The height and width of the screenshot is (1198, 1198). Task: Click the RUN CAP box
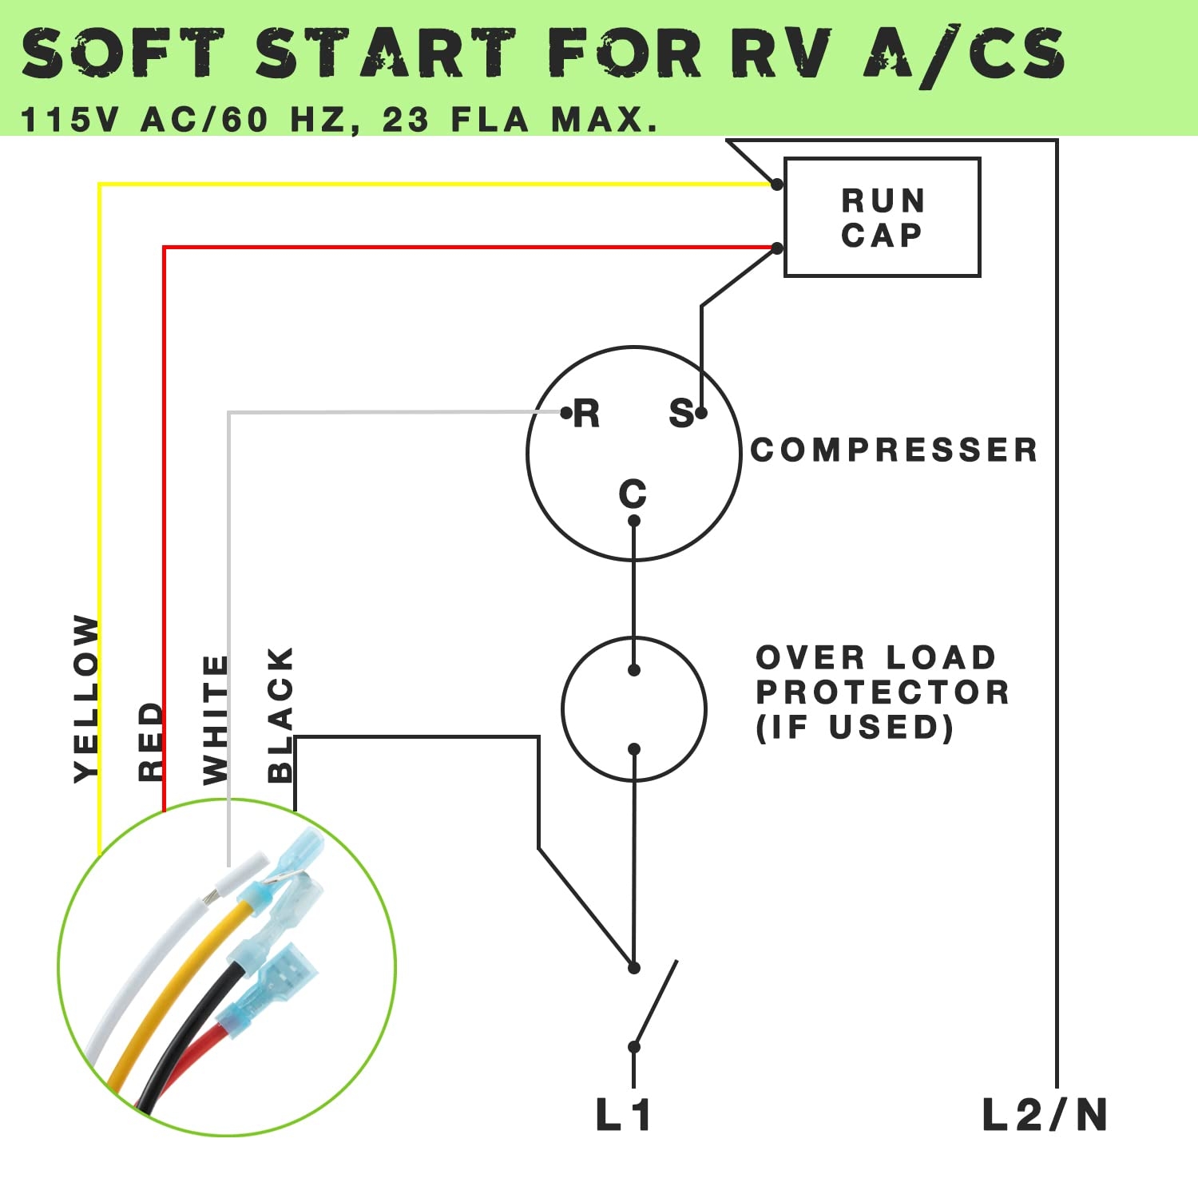point(882,217)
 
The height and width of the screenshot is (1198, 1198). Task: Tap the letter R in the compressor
point(587,415)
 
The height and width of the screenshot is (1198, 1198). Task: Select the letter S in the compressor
point(681,415)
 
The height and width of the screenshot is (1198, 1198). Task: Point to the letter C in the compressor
point(633,494)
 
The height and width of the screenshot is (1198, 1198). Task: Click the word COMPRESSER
point(895,450)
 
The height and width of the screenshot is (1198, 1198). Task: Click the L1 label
point(624,1115)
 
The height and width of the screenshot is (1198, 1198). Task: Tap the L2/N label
point(1045,1115)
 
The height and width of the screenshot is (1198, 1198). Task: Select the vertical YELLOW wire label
point(86,699)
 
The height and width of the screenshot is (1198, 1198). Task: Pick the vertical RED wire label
point(150,741)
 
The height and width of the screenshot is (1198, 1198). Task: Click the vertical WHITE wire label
point(216,720)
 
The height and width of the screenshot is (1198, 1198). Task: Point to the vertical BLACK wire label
point(280,715)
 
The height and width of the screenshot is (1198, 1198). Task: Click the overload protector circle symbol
point(634,709)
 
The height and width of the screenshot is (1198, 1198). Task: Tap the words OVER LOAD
point(876,658)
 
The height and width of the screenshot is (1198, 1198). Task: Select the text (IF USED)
point(855,728)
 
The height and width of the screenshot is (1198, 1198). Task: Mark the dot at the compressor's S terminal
point(701,413)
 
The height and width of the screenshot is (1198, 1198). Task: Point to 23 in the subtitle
point(407,121)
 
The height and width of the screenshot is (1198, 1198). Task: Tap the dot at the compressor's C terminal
point(634,522)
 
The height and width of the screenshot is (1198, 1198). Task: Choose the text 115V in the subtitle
point(69,121)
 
